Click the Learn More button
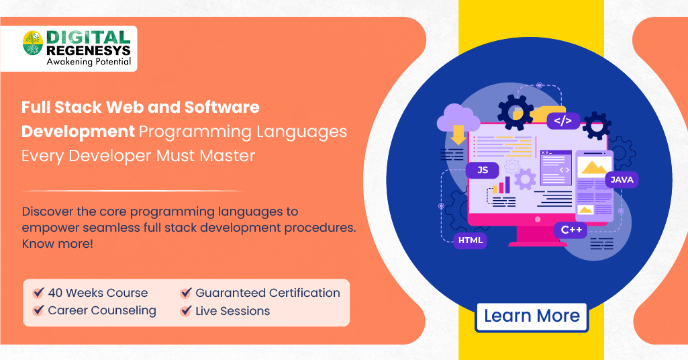click(532, 316)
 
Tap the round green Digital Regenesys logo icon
click(33, 43)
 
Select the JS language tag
click(483, 170)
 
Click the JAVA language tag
click(622, 179)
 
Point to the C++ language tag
click(571, 230)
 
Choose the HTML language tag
click(471, 240)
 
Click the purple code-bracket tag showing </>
click(563, 121)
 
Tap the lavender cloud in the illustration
click(458, 118)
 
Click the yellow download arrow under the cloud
click(458, 135)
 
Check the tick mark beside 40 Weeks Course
click(39, 292)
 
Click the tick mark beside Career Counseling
click(39, 310)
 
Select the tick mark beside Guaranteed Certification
click(186, 292)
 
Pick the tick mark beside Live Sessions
click(186, 311)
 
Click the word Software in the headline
click(222, 107)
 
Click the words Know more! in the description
click(58, 244)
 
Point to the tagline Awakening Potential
click(89, 62)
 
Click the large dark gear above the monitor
click(515, 112)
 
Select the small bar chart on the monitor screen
click(501, 185)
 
